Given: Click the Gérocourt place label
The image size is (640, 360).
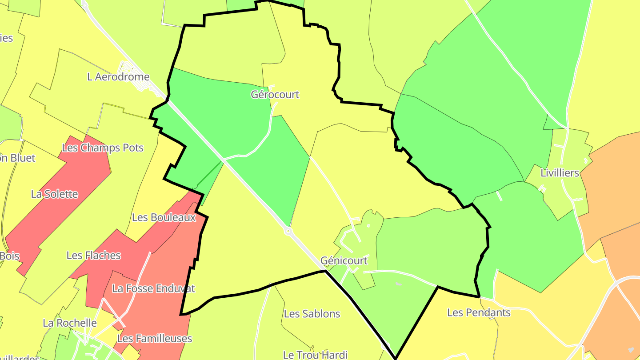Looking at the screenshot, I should [275, 95].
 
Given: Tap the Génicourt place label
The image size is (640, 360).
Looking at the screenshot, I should [344, 260].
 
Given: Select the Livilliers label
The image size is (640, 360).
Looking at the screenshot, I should [560, 173].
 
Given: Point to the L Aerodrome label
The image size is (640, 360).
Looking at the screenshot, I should [118, 77].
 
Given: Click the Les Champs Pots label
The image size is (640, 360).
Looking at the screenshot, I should [103, 148].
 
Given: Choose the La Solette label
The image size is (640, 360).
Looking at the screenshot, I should [54, 194].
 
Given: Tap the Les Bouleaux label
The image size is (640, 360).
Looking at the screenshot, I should [164, 218].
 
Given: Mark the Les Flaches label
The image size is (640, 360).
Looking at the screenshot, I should [93, 256].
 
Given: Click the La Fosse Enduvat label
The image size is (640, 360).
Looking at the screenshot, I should [153, 288].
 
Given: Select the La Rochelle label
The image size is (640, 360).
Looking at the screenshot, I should [70, 323].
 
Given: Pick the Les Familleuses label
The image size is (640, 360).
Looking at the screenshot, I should [154, 339].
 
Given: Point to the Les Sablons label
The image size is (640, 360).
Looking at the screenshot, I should [312, 314].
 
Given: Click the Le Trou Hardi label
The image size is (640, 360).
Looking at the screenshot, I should [315, 355].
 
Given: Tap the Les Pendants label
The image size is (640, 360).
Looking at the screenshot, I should [479, 312].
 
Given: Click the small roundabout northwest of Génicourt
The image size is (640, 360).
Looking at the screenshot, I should [288, 231].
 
